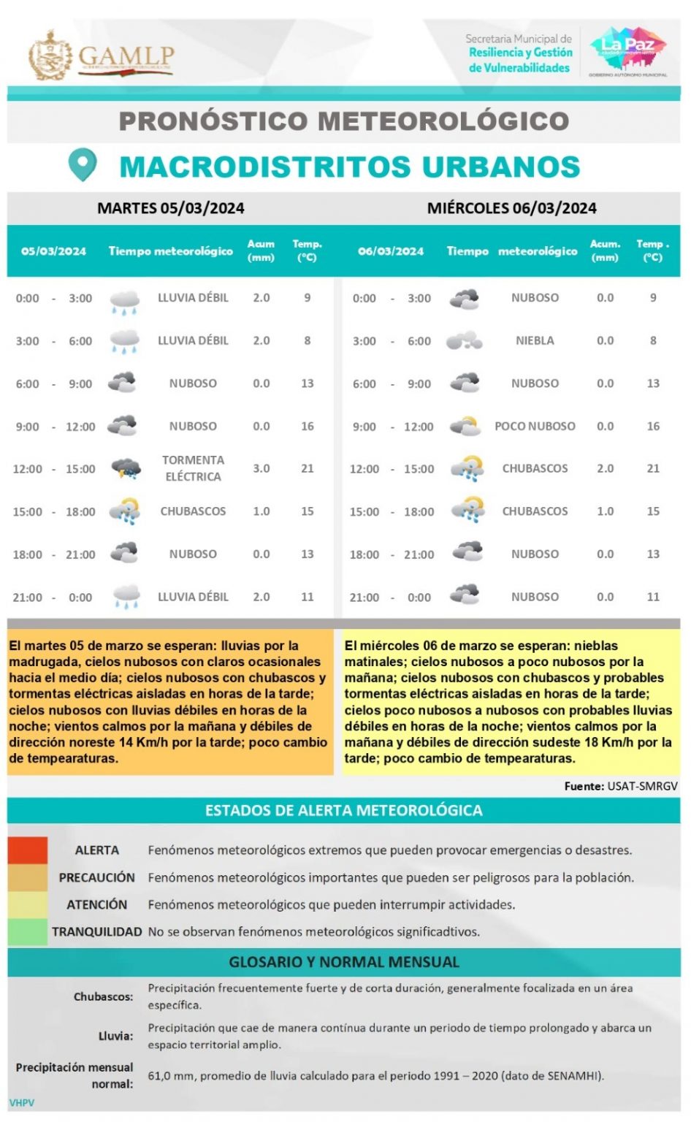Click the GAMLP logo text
(x=126, y=56)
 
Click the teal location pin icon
(x=82, y=165)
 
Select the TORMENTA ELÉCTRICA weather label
(x=193, y=468)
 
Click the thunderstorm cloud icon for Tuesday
(x=126, y=469)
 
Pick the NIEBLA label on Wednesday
(x=535, y=340)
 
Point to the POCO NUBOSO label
(x=535, y=426)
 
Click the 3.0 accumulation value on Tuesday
(x=261, y=468)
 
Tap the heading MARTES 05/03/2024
(x=171, y=208)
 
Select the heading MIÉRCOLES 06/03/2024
(x=511, y=208)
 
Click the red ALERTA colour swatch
(x=28, y=850)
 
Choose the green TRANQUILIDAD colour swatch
(x=28, y=932)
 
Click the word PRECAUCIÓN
(x=96, y=877)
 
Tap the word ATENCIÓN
(x=96, y=904)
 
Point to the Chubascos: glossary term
(x=103, y=996)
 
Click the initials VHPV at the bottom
(x=22, y=1102)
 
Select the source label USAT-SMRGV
(x=642, y=786)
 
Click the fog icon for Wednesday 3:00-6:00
(x=465, y=340)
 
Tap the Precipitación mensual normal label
(x=75, y=1075)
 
